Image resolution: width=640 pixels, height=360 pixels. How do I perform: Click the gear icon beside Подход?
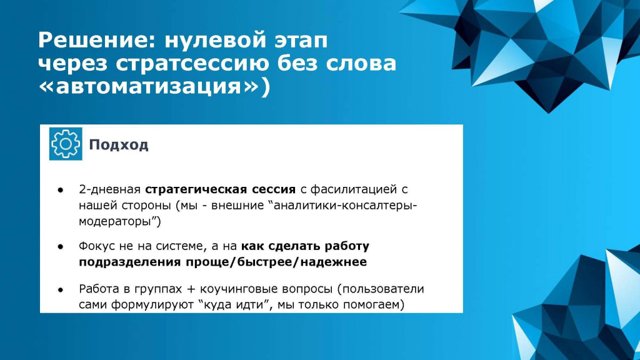(x=66, y=144)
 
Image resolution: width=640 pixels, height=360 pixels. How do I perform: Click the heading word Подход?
(x=119, y=145)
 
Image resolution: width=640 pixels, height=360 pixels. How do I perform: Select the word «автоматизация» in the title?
(x=149, y=86)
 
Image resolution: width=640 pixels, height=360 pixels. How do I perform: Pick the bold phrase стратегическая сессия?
(x=221, y=189)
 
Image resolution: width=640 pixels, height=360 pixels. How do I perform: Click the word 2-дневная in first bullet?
(x=110, y=190)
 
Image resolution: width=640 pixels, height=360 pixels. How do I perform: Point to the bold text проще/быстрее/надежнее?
(x=276, y=262)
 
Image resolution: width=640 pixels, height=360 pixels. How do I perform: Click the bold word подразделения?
(x=130, y=262)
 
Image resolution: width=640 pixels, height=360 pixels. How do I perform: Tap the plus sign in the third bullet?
(x=191, y=289)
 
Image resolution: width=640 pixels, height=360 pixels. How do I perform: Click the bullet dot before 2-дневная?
(x=61, y=190)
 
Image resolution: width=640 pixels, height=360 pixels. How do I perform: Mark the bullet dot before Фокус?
(x=61, y=246)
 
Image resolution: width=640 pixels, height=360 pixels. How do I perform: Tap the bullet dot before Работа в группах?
(x=61, y=290)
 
